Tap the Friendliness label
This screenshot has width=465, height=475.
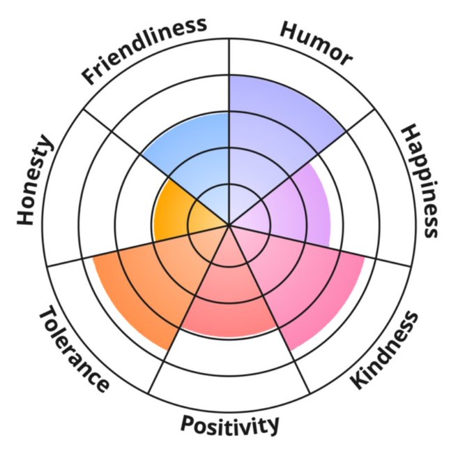145,50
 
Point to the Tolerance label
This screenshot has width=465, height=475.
73,349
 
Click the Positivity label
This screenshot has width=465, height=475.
229,424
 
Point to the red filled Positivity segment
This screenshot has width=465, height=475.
227,293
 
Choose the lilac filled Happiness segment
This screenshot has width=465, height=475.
293,206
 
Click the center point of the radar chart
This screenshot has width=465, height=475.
229,225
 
